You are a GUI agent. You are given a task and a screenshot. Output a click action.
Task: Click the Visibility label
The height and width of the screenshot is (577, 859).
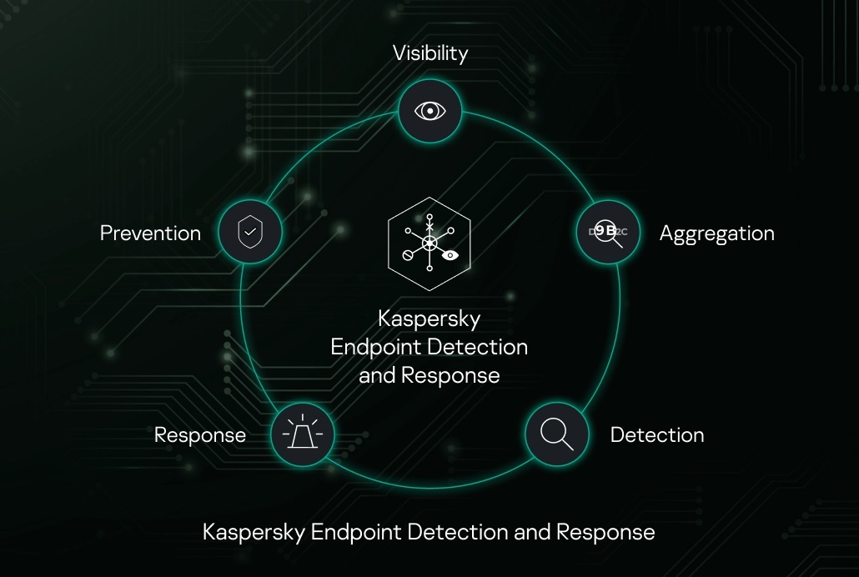pyautogui.click(x=430, y=53)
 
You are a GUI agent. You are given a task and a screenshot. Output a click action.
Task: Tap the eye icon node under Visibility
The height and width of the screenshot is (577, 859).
pyautogui.click(x=429, y=111)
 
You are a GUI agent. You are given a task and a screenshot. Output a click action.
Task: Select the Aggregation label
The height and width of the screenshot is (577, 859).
pyautogui.click(x=716, y=233)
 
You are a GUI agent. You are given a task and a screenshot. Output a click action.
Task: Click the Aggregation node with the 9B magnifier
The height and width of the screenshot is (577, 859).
pyautogui.click(x=608, y=232)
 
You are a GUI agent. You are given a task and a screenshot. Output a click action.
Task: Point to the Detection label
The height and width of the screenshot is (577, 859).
pyautogui.click(x=656, y=435)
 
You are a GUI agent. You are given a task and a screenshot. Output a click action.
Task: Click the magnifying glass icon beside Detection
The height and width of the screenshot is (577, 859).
pyautogui.click(x=556, y=434)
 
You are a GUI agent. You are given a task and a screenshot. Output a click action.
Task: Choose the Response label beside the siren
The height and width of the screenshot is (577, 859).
pyautogui.click(x=200, y=435)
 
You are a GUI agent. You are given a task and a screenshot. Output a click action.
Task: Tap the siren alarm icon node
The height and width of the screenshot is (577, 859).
pyautogui.click(x=302, y=434)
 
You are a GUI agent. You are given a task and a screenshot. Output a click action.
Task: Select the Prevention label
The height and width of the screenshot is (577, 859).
pyautogui.click(x=150, y=233)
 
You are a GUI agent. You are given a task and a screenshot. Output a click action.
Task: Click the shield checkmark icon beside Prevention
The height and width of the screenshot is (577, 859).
pyautogui.click(x=249, y=232)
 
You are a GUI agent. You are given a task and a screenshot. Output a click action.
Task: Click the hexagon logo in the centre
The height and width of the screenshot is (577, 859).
pyautogui.click(x=429, y=244)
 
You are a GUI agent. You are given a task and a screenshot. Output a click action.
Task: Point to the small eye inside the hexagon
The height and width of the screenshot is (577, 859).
pyautogui.click(x=450, y=256)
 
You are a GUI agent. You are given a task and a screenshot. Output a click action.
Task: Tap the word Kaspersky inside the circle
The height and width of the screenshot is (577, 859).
pyautogui.click(x=429, y=319)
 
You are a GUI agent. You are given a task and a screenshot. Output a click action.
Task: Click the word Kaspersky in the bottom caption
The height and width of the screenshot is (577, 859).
pyautogui.click(x=254, y=532)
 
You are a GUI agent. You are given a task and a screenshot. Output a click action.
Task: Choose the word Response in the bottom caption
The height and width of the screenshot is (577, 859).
pyautogui.click(x=605, y=532)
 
